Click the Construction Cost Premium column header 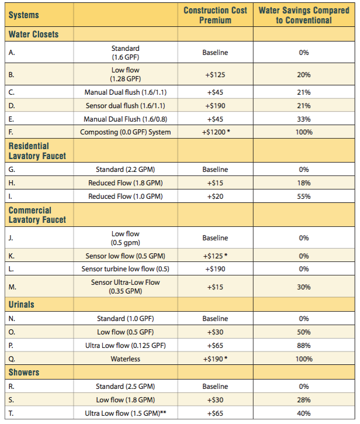(215, 15)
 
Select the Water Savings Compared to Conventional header (303, 15)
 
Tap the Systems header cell (24, 15)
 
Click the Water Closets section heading (34, 35)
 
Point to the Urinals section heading (22, 305)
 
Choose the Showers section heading (25, 373)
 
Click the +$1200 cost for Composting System (215, 132)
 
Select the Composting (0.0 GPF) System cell (126, 132)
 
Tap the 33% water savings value (303, 119)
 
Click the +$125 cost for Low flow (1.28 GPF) (215, 75)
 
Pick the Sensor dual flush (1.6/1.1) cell (126, 105)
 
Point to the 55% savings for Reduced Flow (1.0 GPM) (303, 197)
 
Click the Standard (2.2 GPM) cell (126, 170)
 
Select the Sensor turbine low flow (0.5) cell (126, 269)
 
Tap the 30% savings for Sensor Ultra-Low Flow (303, 287)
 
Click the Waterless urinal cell (126, 359)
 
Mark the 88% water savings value (303, 346)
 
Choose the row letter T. (11, 413)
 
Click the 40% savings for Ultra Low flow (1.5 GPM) (303, 413)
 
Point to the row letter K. (11, 256)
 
